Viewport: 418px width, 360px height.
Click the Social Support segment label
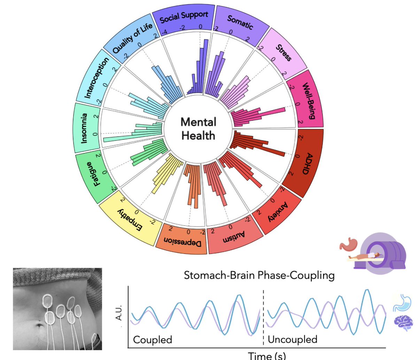(x=184, y=17)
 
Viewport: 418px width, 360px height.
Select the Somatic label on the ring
(x=240, y=22)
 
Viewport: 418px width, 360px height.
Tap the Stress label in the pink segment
(x=284, y=53)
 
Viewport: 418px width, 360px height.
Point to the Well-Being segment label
(x=308, y=101)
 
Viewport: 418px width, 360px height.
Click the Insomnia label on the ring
(x=85, y=128)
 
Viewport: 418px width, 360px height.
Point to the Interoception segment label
(x=96, y=77)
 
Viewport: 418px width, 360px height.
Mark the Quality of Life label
(x=132, y=38)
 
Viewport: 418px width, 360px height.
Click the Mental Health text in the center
(x=198, y=129)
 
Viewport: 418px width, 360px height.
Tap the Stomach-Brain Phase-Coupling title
(x=259, y=275)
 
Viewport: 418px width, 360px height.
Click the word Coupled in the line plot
(x=153, y=339)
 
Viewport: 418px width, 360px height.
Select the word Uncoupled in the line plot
(x=292, y=339)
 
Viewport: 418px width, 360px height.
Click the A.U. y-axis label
(x=119, y=313)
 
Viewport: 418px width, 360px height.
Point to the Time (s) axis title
(x=267, y=355)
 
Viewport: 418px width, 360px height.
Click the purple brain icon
(x=403, y=322)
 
